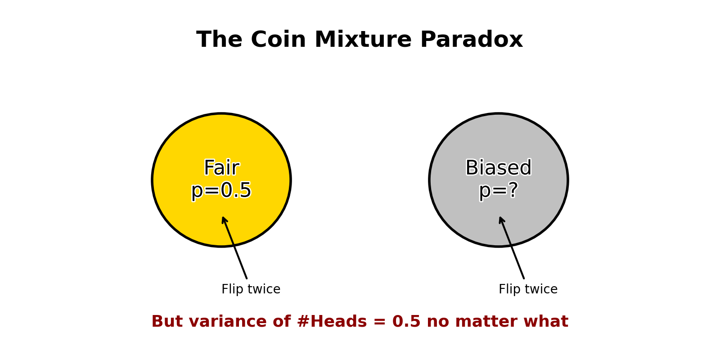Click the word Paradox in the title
472,40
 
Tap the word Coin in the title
279,40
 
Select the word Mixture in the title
363,40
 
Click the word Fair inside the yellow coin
222,167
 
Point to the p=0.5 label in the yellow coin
221,190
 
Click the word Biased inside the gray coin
499,167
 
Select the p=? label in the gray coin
499,190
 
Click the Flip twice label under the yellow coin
251,289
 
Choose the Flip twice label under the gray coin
528,289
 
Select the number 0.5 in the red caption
406,321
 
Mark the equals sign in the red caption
380,322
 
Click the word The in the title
219,40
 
